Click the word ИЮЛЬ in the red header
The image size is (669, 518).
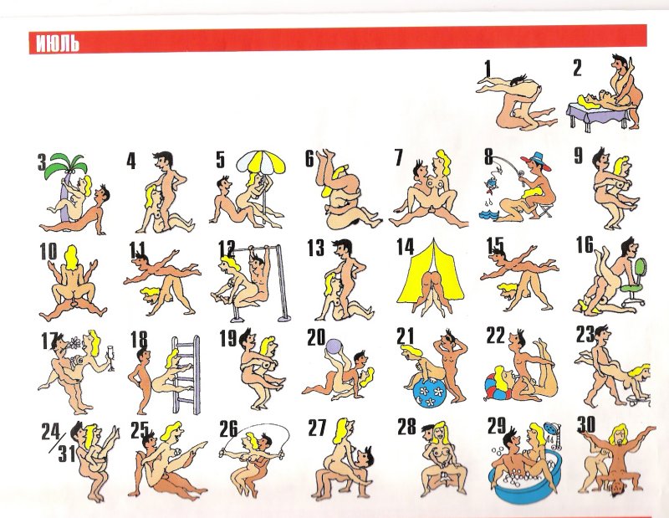click(58, 43)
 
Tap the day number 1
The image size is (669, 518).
click(488, 70)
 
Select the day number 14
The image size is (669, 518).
click(405, 246)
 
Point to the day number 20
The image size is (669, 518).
click(316, 337)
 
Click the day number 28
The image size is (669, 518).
click(406, 426)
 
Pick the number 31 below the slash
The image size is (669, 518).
click(67, 454)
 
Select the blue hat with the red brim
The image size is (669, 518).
click(535, 161)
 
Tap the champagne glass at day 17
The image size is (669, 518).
click(111, 356)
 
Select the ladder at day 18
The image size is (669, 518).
click(186, 375)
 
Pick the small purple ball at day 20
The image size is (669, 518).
click(333, 346)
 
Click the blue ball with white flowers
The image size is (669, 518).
click(430, 391)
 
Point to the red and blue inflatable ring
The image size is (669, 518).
click(497, 387)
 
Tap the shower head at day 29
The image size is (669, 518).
click(554, 430)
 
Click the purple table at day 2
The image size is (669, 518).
click(600, 112)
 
